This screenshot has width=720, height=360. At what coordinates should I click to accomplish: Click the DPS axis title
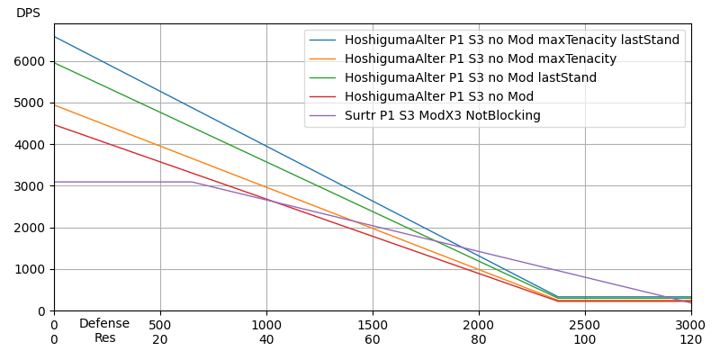(28, 13)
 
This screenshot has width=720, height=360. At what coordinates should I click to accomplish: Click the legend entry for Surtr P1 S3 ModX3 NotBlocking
(442, 116)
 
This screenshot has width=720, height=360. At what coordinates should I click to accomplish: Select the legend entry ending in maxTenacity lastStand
(511, 40)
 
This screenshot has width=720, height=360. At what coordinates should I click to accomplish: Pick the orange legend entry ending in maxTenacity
(480, 59)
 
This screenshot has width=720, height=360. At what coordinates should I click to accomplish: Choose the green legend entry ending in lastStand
(470, 78)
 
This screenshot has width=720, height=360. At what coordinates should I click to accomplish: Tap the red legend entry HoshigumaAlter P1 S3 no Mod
(438, 97)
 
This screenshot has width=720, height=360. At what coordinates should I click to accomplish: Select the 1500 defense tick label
(373, 325)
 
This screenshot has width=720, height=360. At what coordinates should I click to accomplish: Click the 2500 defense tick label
(585, 325)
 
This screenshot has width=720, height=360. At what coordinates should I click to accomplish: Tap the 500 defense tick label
(160, 325)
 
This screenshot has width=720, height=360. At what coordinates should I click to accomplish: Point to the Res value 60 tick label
(373, 339)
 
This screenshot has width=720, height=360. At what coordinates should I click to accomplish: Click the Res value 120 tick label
(690, 339)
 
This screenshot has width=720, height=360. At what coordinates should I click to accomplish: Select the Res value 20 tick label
(160, 339)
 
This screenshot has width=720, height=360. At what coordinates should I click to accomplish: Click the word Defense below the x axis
(104, 324)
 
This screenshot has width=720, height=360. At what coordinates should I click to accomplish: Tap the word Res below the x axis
(104, 338)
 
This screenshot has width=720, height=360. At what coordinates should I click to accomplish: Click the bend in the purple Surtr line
(192, 182)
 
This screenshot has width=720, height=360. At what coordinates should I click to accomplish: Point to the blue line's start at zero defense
(54, 36)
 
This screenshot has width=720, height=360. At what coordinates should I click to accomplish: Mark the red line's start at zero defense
(54, 124)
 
